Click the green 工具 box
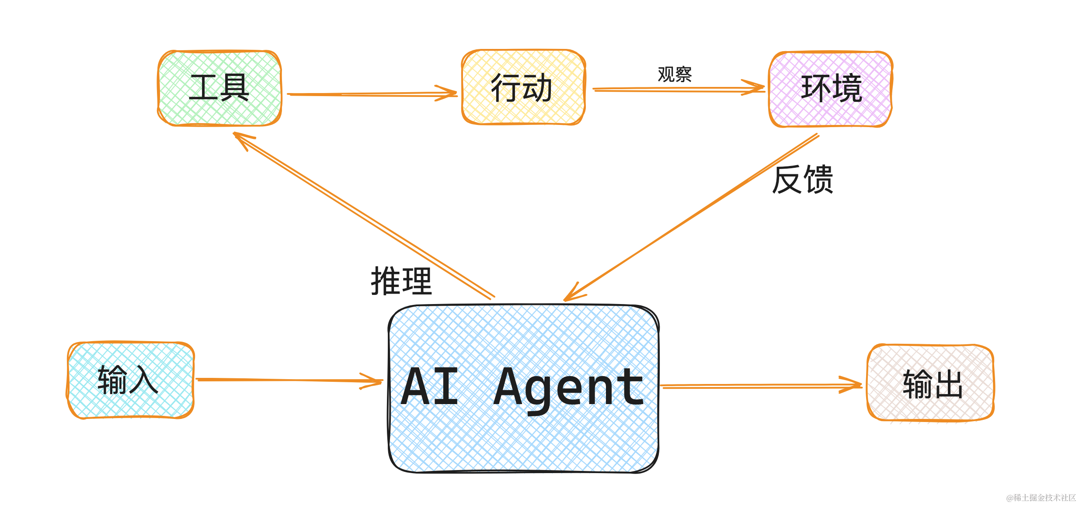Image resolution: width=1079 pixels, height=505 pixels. click(219, 88)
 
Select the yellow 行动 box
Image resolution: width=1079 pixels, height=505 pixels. click(523, 87)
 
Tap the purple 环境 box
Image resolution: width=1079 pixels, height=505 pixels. click(831, 89)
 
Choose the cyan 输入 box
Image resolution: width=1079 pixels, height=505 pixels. click(130, 380)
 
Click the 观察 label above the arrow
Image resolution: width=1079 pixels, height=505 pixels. click(675, 74)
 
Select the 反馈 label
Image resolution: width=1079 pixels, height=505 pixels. click(803, 179)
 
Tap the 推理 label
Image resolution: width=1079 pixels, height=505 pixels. click(401, 281)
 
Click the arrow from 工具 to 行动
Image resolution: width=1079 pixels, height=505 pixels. click(372, 94)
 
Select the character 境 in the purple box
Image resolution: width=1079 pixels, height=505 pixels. click(847, 89)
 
